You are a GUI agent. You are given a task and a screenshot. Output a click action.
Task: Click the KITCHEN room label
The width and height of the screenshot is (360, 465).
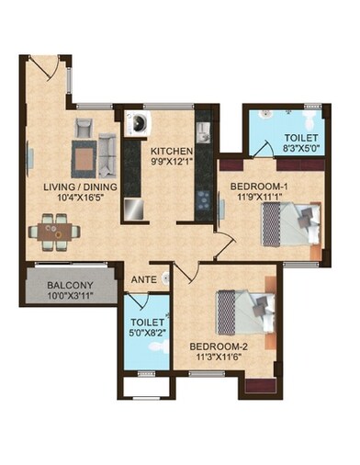(172, 151)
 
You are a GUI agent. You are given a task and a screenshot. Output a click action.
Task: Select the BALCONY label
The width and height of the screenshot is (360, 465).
(70, 286)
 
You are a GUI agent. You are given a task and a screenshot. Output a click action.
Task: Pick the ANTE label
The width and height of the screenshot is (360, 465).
(142, 278)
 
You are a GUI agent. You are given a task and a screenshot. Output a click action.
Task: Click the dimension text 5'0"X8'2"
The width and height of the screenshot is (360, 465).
(147, 336)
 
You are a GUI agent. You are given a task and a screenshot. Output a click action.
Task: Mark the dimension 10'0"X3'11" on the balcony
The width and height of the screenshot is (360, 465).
(70, 298)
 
